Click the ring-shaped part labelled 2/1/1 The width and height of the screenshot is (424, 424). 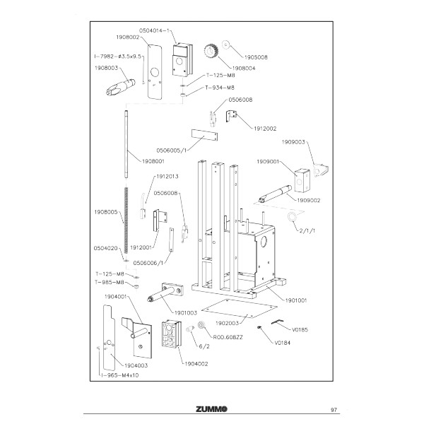(x=291, y=216)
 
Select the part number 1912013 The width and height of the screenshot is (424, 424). (x=167, y=176)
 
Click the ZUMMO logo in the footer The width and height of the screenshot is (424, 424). (x=211, y=408)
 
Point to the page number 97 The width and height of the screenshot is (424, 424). (x=334, y=408)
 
